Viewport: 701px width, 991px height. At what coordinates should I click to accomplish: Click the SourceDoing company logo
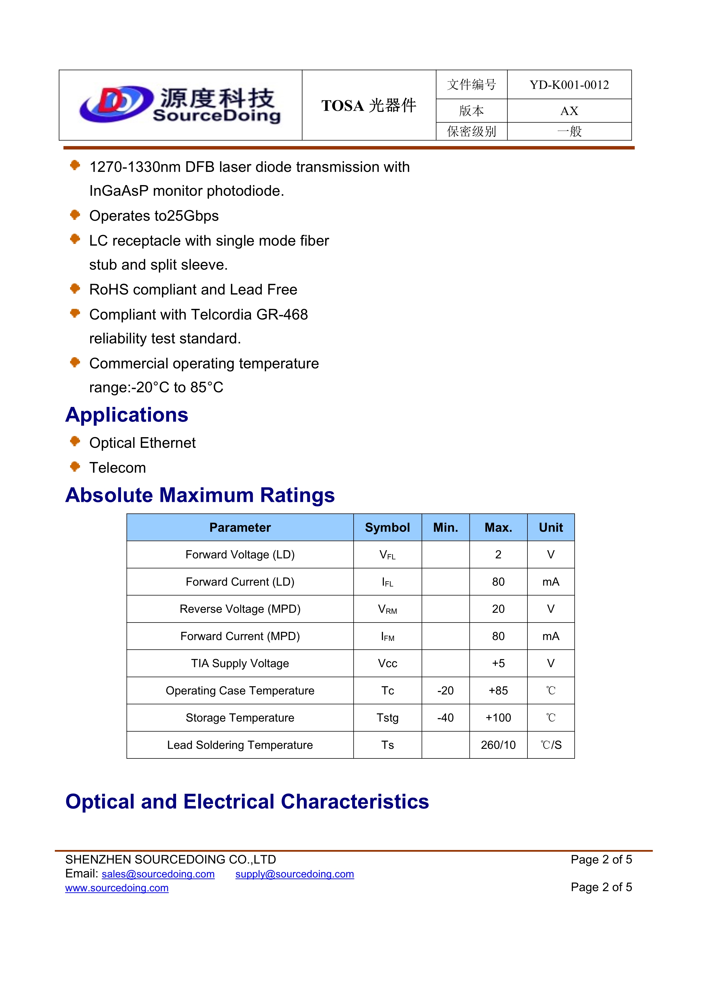180,105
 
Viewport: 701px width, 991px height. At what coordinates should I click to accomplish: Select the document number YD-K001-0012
569,85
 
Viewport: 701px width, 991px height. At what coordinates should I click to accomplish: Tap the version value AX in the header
569,111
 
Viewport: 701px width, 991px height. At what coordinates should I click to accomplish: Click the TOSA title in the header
369,105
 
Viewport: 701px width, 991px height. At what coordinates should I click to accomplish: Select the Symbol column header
387,528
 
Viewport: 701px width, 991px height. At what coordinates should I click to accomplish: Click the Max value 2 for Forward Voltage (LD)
498,555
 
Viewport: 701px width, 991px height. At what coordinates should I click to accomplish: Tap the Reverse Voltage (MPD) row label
240,609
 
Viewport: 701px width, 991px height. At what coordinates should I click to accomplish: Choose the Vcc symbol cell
387,663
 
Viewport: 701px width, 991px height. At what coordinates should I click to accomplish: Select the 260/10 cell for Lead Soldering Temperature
498,745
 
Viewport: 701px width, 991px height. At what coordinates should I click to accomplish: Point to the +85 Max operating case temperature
498,691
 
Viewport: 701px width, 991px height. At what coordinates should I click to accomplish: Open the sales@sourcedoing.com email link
158,874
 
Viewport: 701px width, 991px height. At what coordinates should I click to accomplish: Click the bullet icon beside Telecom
75,467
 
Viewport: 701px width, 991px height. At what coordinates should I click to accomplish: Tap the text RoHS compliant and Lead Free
193,290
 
